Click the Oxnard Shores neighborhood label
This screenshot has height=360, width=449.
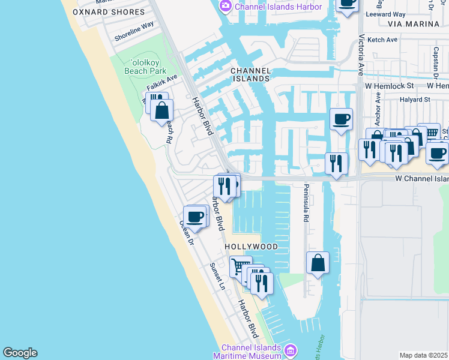[109, 12]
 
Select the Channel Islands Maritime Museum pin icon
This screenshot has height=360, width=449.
[291, 350]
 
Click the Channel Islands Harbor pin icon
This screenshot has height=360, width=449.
[226, 7]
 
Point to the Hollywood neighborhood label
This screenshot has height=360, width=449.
[252, 247]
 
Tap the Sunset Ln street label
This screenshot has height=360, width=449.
[217, 276]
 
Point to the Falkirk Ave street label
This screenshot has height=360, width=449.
[162, 82]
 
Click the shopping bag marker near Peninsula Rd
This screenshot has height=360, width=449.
[318, 262]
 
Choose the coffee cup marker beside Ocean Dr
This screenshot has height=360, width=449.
[194, 215]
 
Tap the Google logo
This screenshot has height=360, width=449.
[20, 353]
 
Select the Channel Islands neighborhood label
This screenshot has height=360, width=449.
[251, 74]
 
